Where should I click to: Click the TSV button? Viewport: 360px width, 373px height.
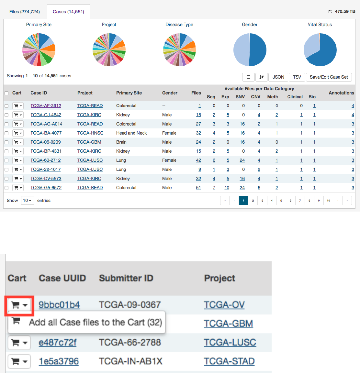297,77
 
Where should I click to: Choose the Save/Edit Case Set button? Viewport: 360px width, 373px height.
329,77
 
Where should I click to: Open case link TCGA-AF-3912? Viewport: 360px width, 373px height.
46,106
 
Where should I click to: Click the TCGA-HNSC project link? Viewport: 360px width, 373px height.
90,133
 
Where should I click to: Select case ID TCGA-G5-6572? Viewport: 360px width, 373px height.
46,188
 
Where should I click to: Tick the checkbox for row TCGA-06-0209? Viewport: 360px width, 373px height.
6,142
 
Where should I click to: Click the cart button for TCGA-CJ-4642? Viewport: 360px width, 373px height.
18,115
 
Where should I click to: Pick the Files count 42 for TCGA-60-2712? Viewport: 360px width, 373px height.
198,160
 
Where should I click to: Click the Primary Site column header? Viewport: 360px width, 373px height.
129,93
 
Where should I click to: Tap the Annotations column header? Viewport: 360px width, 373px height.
341,93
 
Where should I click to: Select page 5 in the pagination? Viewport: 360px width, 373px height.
281,201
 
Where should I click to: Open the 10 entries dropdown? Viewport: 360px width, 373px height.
27,201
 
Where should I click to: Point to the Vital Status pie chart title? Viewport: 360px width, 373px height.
320,25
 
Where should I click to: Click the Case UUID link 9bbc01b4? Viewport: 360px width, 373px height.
59,305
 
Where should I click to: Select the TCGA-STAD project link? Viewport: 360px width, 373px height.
229,361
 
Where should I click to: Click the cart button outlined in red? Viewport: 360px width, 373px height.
19,305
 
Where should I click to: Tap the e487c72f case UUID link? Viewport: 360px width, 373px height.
57,342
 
